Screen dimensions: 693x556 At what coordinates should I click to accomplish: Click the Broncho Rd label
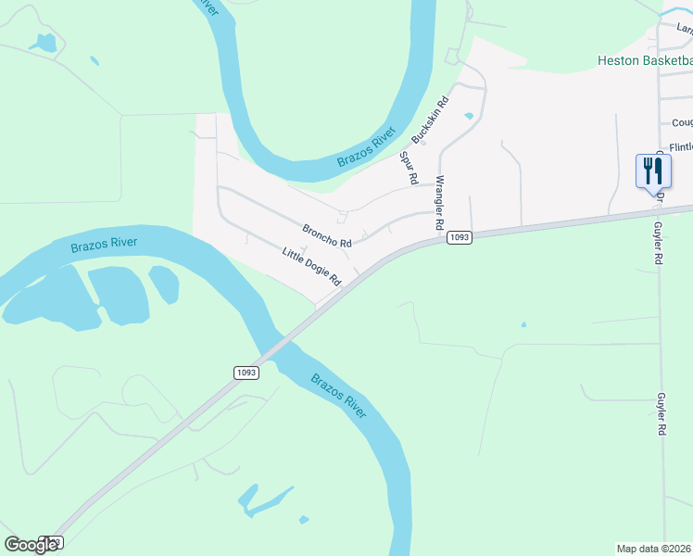[x=327, y=235]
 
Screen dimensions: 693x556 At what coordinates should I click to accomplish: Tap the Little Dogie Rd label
[x=313, y=266]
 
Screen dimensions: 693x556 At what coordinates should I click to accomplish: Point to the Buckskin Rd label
[x=430, y=120]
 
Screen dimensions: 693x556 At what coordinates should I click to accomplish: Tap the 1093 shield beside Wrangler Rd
[x=460, y=238]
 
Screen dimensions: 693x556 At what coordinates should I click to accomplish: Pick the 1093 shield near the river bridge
[x=246, y=372]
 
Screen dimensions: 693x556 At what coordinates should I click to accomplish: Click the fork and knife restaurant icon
[x=653, y=171]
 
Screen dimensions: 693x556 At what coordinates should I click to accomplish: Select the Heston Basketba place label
[x=643, y=62]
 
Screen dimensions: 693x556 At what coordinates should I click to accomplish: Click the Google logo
[x=31, y=545]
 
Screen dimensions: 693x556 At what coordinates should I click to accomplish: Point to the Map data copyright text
[x=654, y=549]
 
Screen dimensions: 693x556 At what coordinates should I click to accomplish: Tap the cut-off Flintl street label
[x=681, y=147]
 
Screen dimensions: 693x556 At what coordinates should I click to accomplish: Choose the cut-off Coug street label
[x=682, y=122]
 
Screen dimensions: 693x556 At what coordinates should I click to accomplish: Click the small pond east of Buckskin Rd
[x=468, y=116]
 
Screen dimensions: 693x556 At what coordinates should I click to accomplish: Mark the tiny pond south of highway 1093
[x=523, y=324]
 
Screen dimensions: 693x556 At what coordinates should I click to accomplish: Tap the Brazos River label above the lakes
[x=104, y=245]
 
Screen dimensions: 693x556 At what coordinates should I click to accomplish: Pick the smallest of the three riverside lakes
[x=164, y=284]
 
